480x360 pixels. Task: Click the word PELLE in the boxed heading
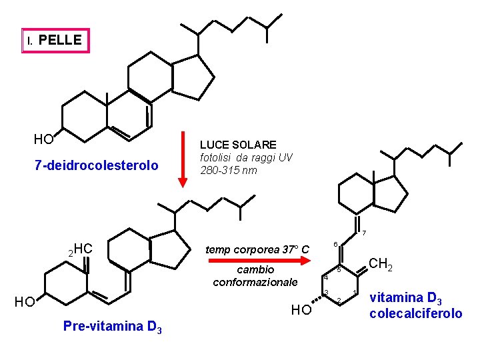(x=60, y=40)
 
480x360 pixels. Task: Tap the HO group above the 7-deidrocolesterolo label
(x=44, y=139)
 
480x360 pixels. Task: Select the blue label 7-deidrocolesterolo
(x=97, y=165)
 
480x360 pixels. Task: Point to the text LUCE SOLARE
(x=238, y=145)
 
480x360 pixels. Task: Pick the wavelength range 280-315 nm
(x=228, y=170)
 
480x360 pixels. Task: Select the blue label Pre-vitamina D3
(x=112, y=327)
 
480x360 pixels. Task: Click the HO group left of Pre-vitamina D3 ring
(x=25, y=302)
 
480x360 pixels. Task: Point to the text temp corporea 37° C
(x=257, y=250)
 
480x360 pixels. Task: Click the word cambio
(x=255, y=269)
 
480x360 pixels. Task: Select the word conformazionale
(x=255, y=282)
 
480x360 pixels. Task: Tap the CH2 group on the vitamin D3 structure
(x=381, y=264)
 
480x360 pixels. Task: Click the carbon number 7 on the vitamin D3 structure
(x=364, y=233)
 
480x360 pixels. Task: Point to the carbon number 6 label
(x=335, y=244)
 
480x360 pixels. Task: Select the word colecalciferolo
(x=415, y=313)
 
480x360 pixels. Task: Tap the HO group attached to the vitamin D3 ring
(x=301, y=310)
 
